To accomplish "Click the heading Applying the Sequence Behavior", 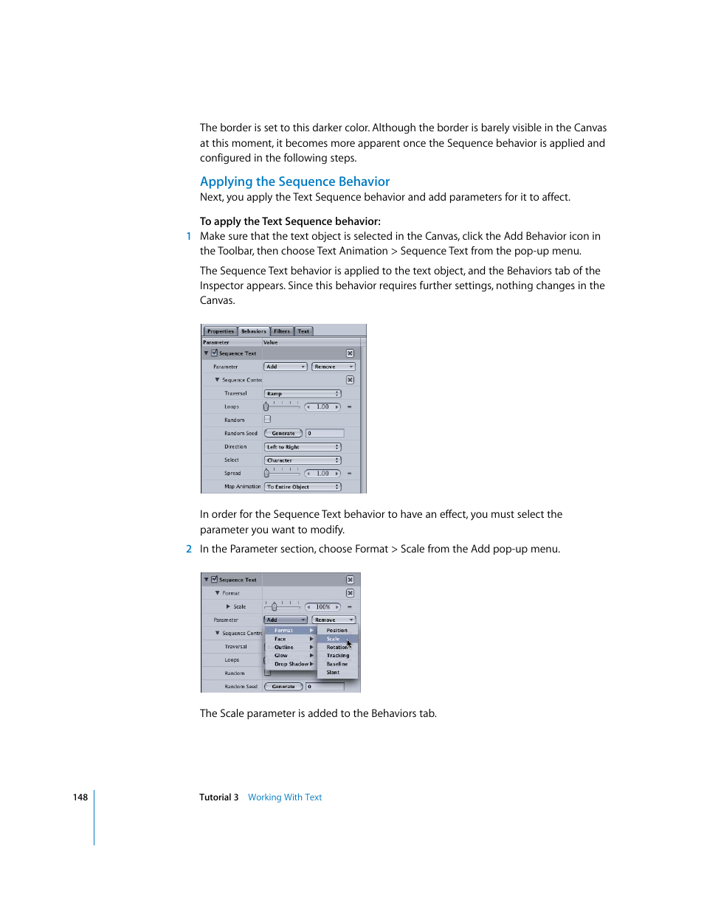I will click(x=294, y=181).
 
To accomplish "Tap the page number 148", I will click(x=80, y=797).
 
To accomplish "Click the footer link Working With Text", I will click(x=285, y=797).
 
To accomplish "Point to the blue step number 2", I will click(x=189, y=549).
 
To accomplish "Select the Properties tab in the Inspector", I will click(x=220, y=331).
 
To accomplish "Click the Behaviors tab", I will click(x=253, y=331).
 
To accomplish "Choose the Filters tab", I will click(x=282, y=331).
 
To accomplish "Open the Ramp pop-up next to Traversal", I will click(x=303, y=394).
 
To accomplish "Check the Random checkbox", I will click(x=267, y=419).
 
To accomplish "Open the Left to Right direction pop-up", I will click(x=303, y=447).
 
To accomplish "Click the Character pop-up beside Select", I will click(x=303, y=460).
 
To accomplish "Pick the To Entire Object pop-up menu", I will click(x=303, y=487).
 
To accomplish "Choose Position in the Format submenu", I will click(x=337, y=631).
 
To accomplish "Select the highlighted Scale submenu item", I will click(x=334, y=639).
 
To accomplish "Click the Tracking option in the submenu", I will click(x=338, y=656).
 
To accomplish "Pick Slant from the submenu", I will click(x=333, y=673).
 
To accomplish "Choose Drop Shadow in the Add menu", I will click(x=291, y=664).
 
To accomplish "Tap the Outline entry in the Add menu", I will click(x=284, y=648).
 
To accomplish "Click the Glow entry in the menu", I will click(x=281, y=656).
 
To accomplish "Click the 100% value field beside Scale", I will click(x=323, y=607).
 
